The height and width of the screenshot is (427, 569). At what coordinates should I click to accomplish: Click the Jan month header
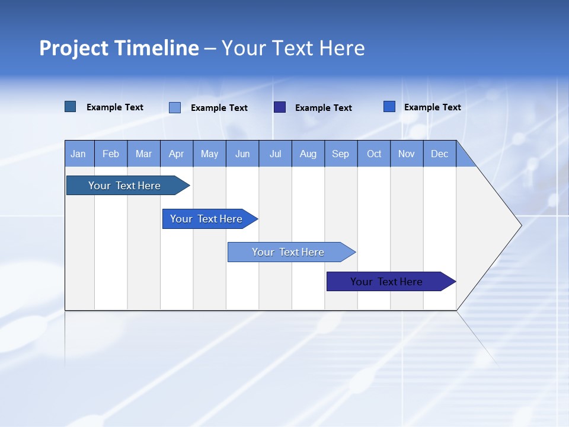(x=78, y=154)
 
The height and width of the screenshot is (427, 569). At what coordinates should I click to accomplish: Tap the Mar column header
(x=143, y=154)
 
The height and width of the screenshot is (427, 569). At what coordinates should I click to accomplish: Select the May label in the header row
(x=209, y=154)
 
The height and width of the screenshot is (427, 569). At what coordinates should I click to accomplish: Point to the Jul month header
(x=275, y=154)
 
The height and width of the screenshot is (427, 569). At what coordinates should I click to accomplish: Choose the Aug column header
(x=308, y=154)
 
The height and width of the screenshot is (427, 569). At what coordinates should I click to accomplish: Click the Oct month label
(x=374, y=154)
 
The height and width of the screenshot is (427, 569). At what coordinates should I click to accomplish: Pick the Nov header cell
(x=407, y=154)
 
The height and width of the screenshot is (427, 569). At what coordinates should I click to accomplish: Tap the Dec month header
(x=440, y=154)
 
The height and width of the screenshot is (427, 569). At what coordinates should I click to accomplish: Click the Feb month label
(x=111, y=154)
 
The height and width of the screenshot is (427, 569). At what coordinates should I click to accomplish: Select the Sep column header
(x=341, y=154)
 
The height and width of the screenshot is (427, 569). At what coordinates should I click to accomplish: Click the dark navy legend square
(x=280, y=107)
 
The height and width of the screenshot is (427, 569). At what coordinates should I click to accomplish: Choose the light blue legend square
(x=175, y=107)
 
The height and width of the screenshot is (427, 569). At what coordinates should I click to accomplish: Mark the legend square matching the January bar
(x=71, y=107)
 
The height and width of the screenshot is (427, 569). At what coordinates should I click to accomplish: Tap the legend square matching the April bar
(x=389, y=107)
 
